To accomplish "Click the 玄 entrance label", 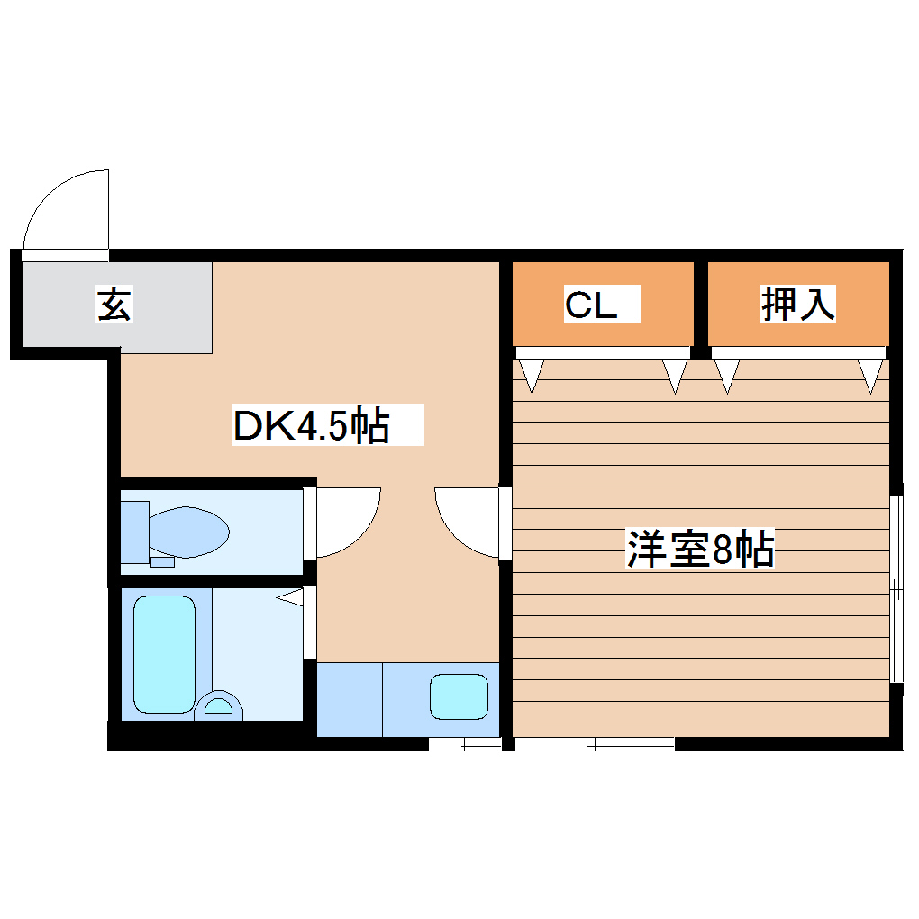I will tap(114, 305).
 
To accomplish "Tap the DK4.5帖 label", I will tap(312, 425).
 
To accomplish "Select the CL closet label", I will tap(591, 305).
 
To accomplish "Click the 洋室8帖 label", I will tap(700, 549).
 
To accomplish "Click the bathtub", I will tap(164, 654).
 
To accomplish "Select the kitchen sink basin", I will tap(459, 697).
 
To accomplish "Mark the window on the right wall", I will tap(896, 589).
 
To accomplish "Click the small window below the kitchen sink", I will tap(464, 743).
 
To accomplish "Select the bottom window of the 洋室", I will tap(595, 743).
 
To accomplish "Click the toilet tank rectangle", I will tap(134, 531).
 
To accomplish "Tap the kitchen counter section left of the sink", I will tap(350, 698).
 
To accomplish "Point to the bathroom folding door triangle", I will tap(290, 597).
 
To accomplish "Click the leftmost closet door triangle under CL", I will tap(532, 374).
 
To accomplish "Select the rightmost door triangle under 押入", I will tap(870, 374).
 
